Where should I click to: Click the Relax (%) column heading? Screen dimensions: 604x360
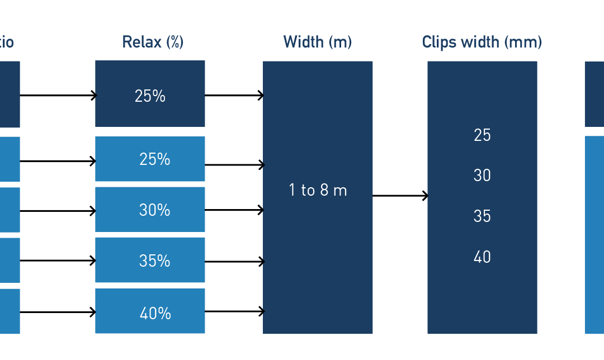point(153,42)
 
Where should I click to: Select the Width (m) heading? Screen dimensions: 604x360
point(318,42)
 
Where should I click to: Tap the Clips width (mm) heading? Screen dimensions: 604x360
point(482,42)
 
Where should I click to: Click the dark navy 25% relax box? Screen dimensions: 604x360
point(150,93)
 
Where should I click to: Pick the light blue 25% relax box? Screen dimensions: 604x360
point(150,159)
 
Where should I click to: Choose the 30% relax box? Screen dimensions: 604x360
point(150,210)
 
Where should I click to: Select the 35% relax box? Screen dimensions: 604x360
point(150,260)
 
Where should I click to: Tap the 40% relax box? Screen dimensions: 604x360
point(150,311)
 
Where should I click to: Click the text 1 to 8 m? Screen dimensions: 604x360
point(318,190)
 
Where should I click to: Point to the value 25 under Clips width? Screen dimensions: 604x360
point(482,135)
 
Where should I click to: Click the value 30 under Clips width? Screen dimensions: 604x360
point(482,176)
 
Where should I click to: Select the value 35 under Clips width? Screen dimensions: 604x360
point(482,216)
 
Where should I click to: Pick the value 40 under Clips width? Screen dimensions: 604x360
point(482,257)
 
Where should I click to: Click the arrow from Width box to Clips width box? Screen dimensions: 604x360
point(400,196)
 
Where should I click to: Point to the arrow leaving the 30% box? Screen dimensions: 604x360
point(234,210)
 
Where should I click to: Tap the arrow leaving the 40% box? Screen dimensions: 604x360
point(234,311)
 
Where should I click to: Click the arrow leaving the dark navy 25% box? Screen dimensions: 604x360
point(234,94)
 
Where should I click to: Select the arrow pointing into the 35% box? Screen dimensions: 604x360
point(58,260)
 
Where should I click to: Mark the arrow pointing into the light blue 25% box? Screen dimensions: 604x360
point(58,161)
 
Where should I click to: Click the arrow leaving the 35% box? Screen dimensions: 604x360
point(234,262)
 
